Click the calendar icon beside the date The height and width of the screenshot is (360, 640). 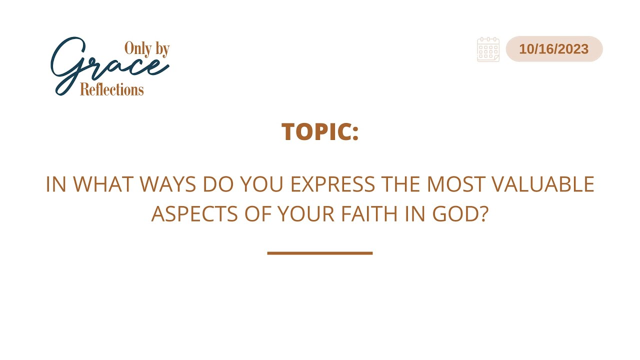click(x=488, y=49)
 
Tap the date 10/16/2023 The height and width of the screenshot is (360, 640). click(x=553, y=49)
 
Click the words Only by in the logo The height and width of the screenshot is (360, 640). click(x=147, y=49)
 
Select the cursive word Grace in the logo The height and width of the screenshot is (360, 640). click(x=110, y=65)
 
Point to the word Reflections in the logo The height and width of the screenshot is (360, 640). click(x=111, y=89)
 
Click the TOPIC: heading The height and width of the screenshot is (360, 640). click(x=320, y=131)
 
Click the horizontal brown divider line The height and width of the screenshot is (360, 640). click(x=320, y=253)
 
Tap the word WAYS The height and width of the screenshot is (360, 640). click(x=167, y=184)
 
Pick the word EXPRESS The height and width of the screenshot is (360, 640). click(x=332, y=184)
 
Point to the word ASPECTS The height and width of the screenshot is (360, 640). click(x=194, y=214)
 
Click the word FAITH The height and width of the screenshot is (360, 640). click(x=369, y=214)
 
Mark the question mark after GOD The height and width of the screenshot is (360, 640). click(x=484, y=214)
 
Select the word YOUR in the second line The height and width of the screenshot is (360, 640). click(x=306, y=214)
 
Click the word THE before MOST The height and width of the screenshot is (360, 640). click(x=401, y=184)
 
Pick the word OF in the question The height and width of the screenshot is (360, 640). click(x=257, y=214)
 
